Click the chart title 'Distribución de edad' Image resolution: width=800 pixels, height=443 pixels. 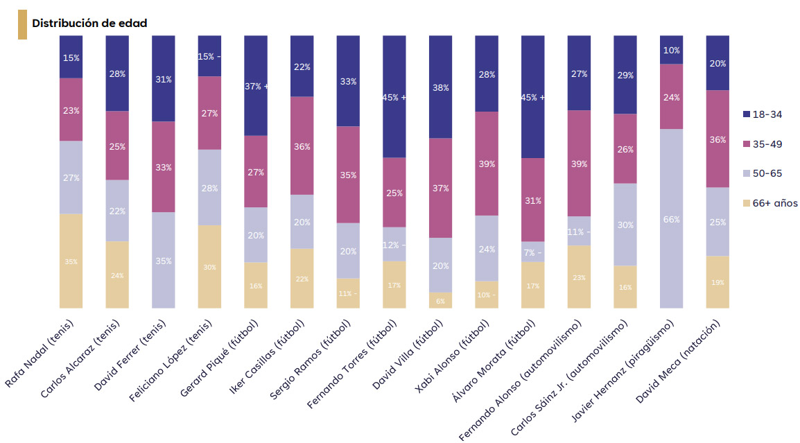coord(89,23)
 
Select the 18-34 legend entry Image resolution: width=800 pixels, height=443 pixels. coord(762,114)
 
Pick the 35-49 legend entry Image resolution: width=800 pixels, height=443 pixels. coord(762,144)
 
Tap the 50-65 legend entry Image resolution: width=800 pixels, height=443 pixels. coord(762,173)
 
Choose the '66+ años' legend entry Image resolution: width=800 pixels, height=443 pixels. coord(769,203)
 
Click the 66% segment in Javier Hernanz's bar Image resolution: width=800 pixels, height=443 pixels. coord(671,219)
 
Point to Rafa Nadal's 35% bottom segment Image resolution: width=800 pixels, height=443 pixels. coord(71,261)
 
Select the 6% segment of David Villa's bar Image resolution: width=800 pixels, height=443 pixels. coord(440,300)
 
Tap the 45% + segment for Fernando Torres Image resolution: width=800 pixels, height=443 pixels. coord(394,97)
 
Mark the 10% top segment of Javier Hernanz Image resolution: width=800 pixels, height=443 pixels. coord(671,50)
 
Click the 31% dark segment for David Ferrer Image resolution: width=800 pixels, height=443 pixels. coord(163,79)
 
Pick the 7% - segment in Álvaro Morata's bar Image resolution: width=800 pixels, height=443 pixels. coord(532,252)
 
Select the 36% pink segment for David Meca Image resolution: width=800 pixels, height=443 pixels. coord(718,139)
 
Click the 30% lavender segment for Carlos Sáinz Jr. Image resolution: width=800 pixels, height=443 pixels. coord(625,225)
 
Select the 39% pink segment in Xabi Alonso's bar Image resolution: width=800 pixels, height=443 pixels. coord(487,164)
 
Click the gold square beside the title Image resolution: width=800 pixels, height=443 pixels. coord(22,24)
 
